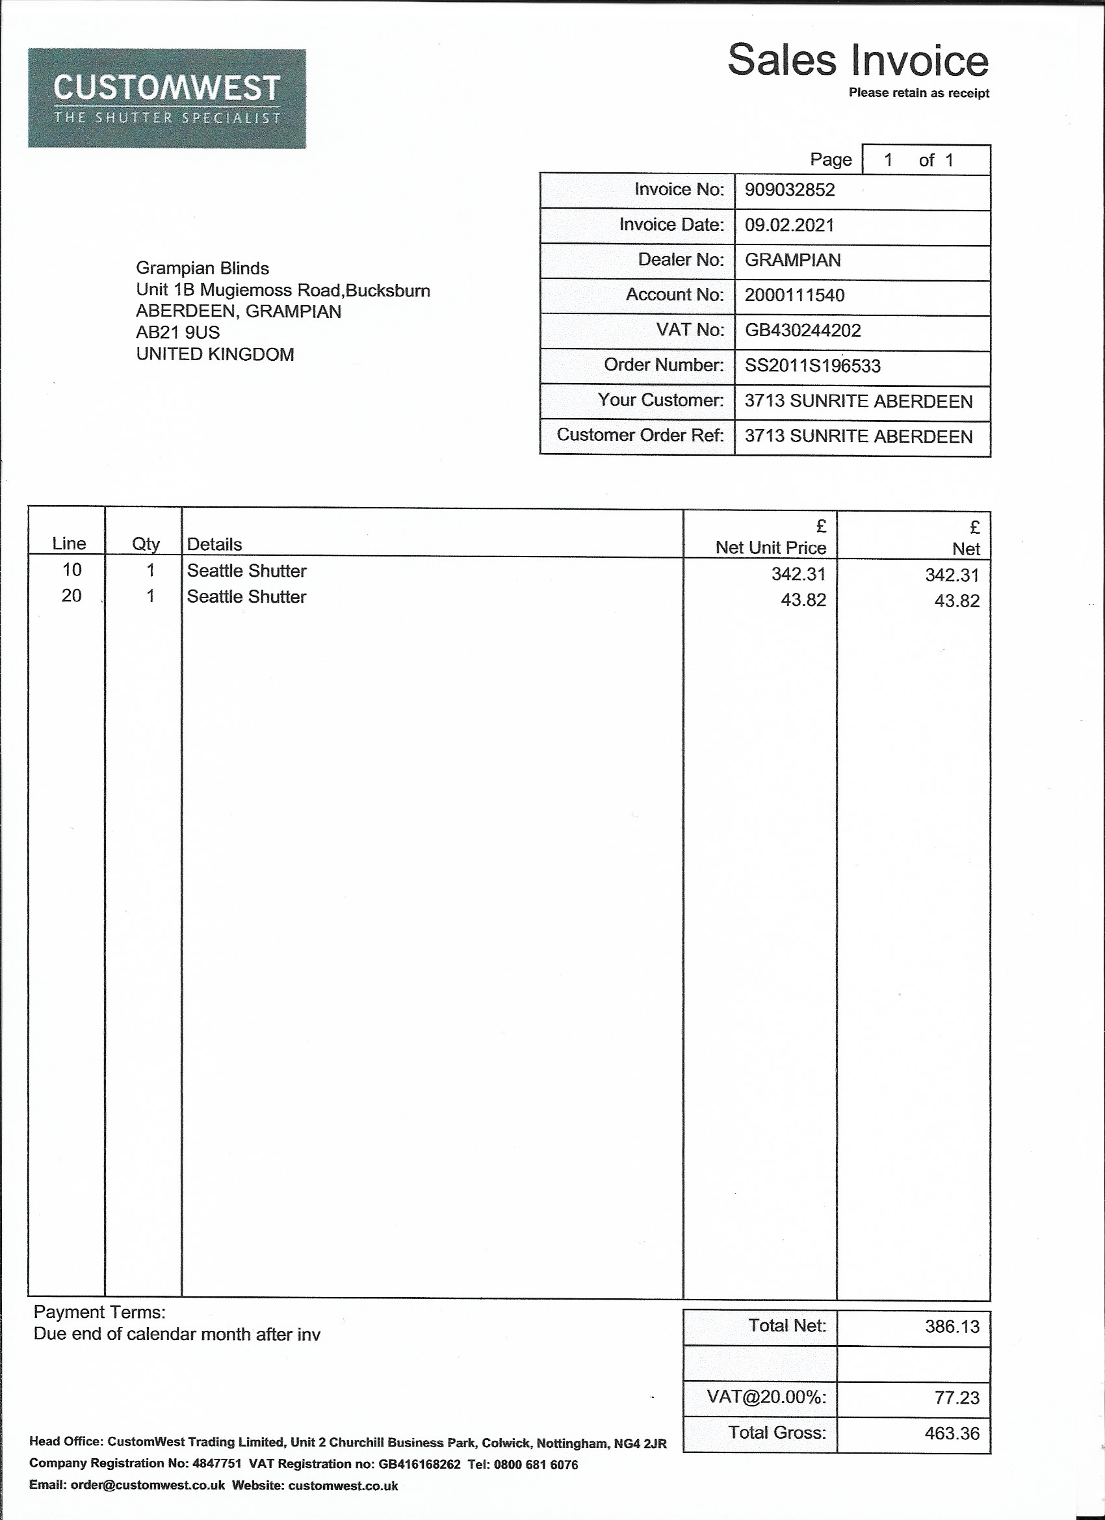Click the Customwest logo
(x=167, y=99)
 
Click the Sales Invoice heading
(x=857, y=60)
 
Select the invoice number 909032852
(x=789, y=190)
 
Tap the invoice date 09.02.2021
(x=789, y=224)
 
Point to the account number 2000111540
(x=794, y=295)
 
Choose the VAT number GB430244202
(x=802, y=330)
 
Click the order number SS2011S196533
(x=812, y=366)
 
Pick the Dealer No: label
(x=680, y=259)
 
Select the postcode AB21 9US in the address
(x=177, y=332)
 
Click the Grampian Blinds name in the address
(x=202, y=268)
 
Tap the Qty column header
(x=146, y=544)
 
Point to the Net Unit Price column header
(x=771, y=547)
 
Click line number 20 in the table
(x=71, y=595)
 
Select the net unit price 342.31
(x=798, y=573)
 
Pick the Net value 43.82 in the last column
(x=956, y=601)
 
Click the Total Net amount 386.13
(x=952, y=1326)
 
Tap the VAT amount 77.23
(x=956, y=1398)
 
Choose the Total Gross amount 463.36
(x=952, y=1434)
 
